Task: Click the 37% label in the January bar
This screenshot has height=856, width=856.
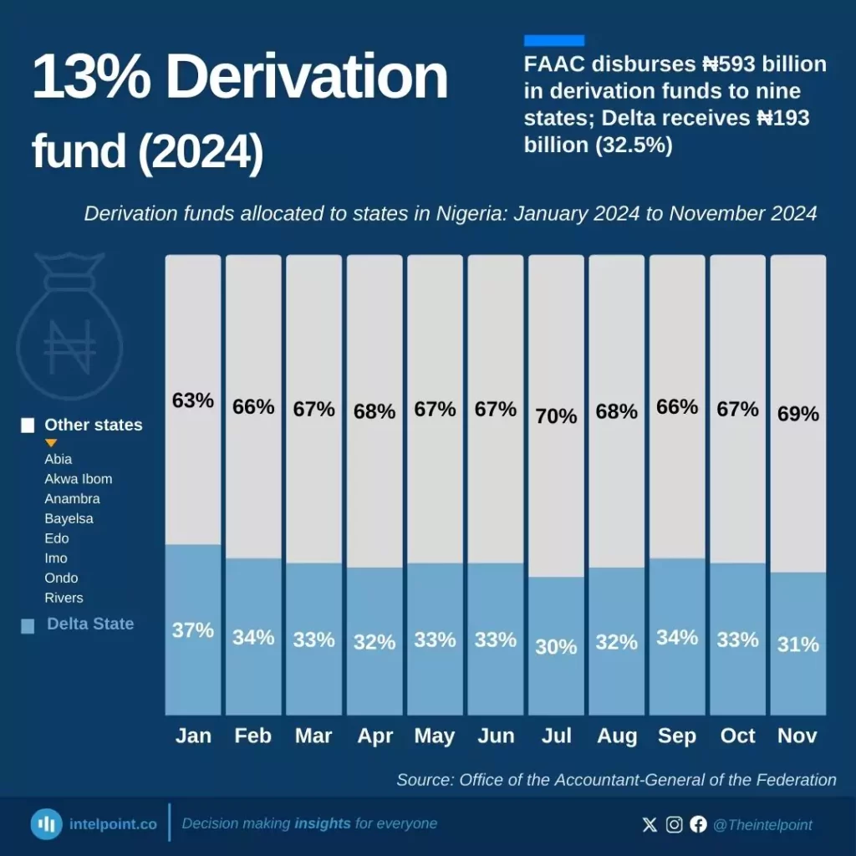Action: click(x=193, y=630)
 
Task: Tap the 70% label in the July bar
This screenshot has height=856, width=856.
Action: click(x=557, y=415)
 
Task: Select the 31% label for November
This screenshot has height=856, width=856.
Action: click(x=798, y=645)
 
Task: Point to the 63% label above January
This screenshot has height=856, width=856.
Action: click(x=193, y=400)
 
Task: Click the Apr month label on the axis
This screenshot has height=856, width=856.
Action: click(x=374, y=736)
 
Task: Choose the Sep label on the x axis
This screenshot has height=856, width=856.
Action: click(x=677, y=736)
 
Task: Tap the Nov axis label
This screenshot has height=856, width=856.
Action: click(x=797, y=736)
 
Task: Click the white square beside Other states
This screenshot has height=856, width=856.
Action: click(x=28, y=425)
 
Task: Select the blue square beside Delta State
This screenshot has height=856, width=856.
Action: click(x=28, y=625)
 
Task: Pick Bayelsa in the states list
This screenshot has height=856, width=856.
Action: click(x=69, y=518)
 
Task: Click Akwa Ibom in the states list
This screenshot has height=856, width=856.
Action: click(x=78, y=479)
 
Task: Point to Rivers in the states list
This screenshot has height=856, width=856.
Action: click(x=64, y=598)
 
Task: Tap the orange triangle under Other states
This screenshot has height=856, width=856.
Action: click(x=51, y=442)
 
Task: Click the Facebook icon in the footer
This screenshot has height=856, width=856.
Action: click(x=698, y=825)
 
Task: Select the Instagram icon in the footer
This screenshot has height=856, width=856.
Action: click(x=674, y=825)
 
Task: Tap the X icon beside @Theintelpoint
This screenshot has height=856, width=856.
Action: click(x=650, y=825)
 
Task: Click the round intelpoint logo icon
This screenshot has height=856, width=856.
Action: click(x=47, y=824)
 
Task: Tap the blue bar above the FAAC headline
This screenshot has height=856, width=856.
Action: click(x=553, y=40)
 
